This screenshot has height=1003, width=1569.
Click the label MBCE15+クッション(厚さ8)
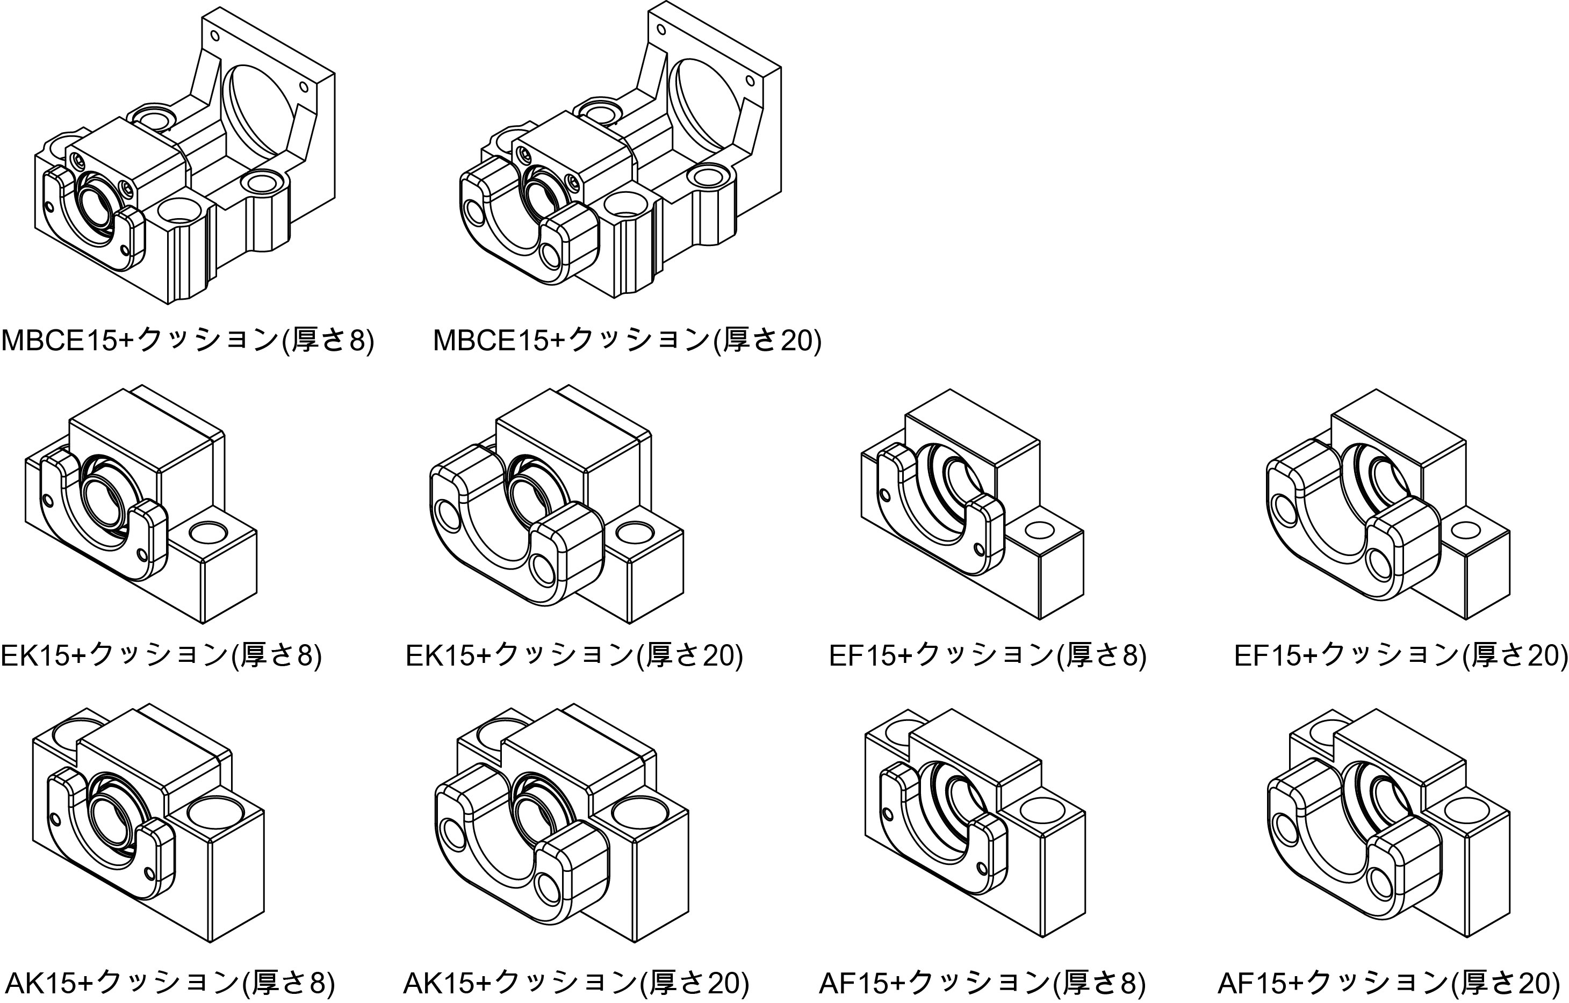(x=188, y=341)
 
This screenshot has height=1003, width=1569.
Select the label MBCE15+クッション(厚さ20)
(x=627, y=341)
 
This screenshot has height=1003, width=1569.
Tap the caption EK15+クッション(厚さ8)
(x=161, y=655)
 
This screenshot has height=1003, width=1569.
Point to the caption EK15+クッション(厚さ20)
(x=574, y=655)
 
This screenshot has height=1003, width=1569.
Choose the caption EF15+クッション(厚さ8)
(x=987, y=655)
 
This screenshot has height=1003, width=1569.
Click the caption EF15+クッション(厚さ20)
(x=1401, y=655)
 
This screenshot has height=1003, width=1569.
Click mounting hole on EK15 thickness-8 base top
(x=208, y=533)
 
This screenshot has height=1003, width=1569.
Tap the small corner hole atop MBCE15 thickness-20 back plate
(x=661, y=30)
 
